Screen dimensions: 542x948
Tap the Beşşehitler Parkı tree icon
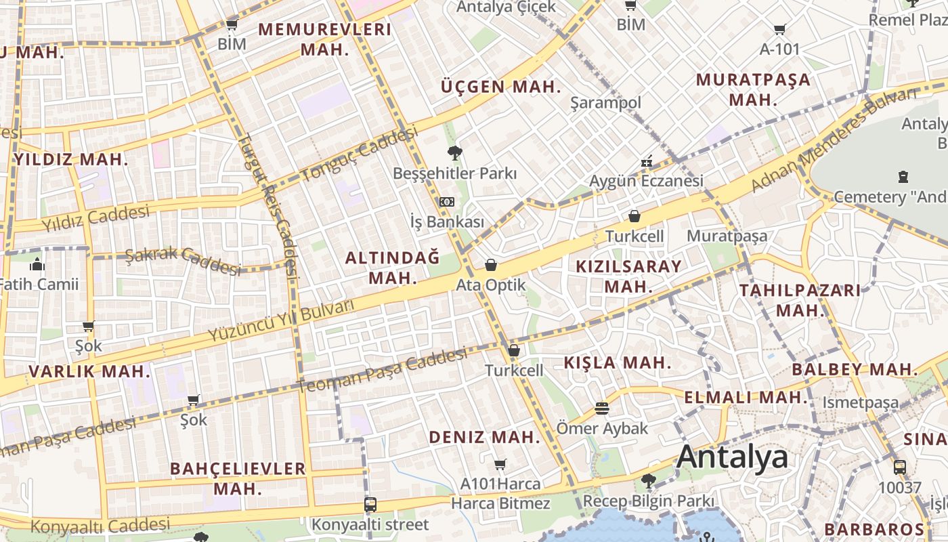454,152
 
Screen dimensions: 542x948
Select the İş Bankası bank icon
446,202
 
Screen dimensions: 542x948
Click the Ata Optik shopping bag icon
490,265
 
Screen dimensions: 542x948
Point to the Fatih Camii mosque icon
37,264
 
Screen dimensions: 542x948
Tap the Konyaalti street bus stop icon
370,504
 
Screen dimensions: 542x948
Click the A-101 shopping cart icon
779,29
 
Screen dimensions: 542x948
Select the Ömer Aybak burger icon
601,408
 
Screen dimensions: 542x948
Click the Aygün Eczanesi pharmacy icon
646,161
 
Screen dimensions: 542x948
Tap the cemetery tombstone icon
902,177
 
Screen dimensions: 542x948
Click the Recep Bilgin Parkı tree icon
649,481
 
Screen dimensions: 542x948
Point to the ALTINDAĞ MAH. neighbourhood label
393,268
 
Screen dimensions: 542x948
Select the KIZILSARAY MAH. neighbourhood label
628,276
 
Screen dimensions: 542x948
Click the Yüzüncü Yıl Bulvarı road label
281,320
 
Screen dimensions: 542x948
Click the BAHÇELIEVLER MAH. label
238,478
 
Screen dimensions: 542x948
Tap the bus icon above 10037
899,467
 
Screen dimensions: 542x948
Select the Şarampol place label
605,103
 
